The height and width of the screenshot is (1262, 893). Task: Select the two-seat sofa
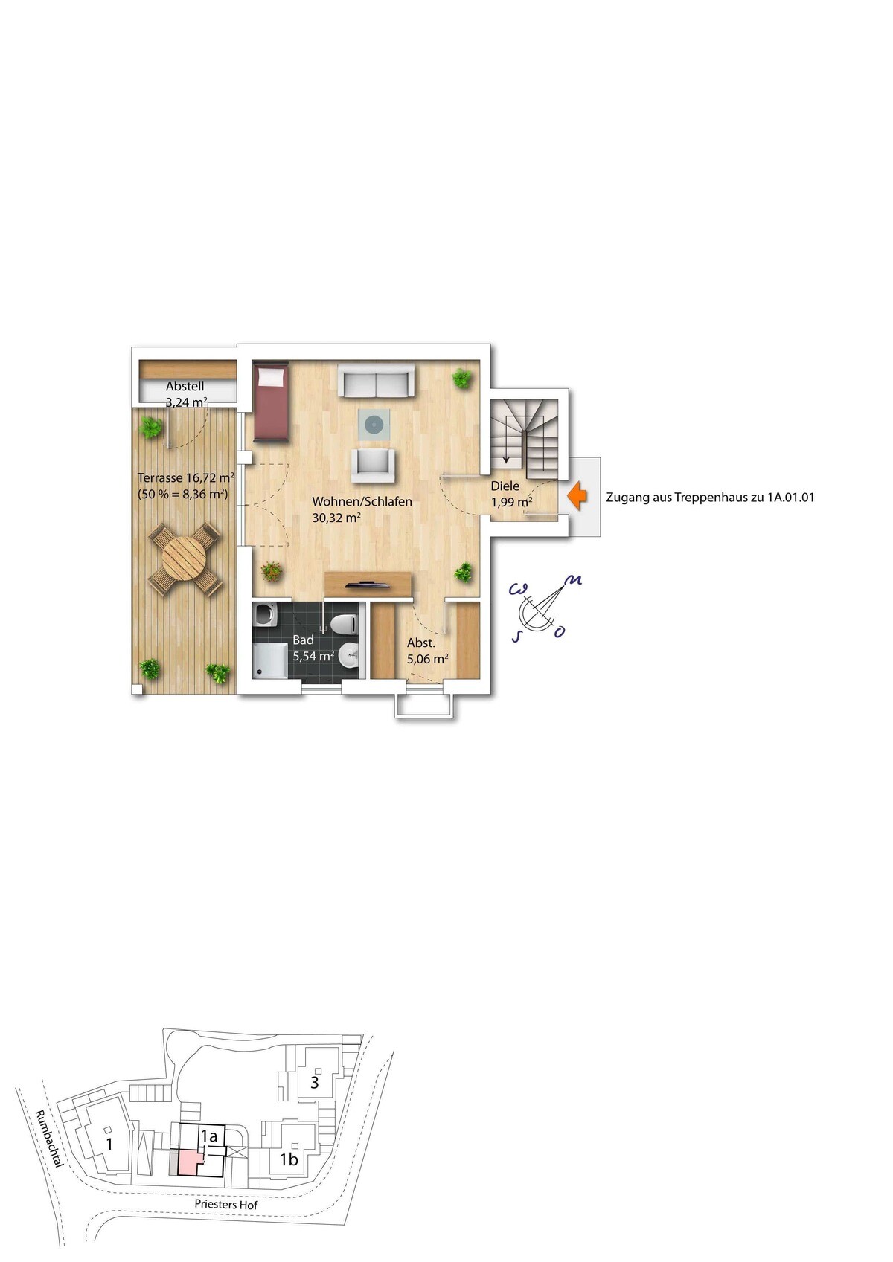[376, 380]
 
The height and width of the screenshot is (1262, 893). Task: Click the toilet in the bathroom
[343, 624]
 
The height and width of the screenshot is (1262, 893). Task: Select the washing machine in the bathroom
[265, 614]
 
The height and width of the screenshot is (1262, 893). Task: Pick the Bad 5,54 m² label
[313, 648]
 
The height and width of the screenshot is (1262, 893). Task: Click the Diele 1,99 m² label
[511, 494]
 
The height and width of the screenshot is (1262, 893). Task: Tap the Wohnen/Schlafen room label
[362, 500]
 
